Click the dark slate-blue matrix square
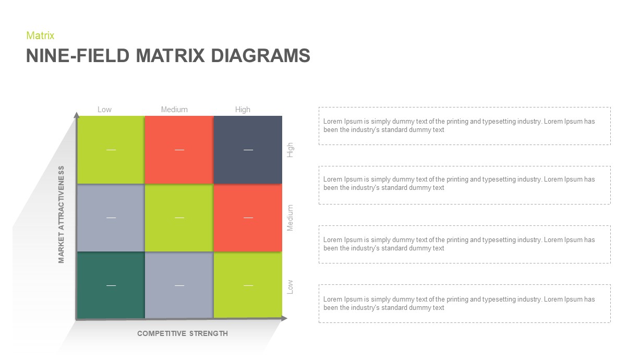(248, 150)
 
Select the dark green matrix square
(111, 285)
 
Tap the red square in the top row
(179, 150)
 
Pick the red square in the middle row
(248, 217)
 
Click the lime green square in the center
(179, 217)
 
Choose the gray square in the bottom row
(179, 285)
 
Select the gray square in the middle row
(111, 217)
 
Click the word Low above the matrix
(104, 110)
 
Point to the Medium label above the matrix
(174, 110)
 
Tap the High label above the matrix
(243, 110)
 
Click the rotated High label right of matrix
(291, 150)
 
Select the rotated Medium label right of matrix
(291, 218)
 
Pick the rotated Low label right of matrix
(291, 286)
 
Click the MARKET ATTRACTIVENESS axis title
(62, 214)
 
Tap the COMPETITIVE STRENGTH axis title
(183, 333)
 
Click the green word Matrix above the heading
(40, 35)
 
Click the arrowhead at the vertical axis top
(77, 115)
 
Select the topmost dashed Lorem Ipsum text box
(464, 126)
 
